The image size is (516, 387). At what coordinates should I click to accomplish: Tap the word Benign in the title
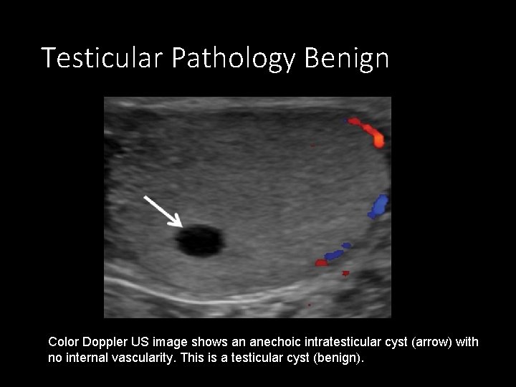click(x=346, y=58)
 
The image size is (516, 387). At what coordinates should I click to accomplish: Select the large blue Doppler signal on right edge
click(x=377, y=206)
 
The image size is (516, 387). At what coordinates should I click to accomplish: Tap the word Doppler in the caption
click(x=104, y=343)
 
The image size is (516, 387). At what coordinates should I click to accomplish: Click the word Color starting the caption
click(x=62, y=343)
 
